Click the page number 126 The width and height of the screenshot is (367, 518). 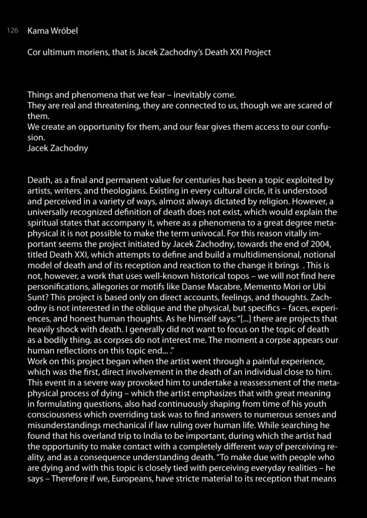tap(13, 31)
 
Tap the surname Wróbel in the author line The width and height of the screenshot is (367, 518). tap(65, 31)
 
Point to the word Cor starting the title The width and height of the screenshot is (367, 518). tap(34, 52)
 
